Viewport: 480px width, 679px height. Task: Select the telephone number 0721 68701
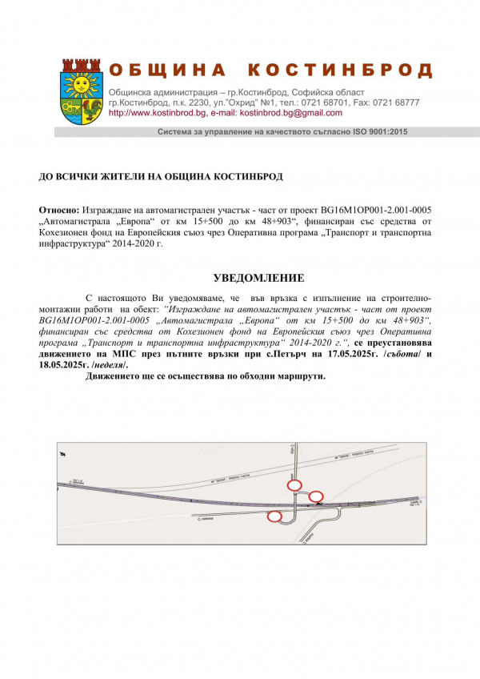322,102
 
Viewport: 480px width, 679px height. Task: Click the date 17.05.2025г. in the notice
353,353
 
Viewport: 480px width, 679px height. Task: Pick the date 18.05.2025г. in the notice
63,364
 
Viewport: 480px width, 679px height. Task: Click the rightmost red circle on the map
316,496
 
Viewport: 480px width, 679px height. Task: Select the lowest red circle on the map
274,516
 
